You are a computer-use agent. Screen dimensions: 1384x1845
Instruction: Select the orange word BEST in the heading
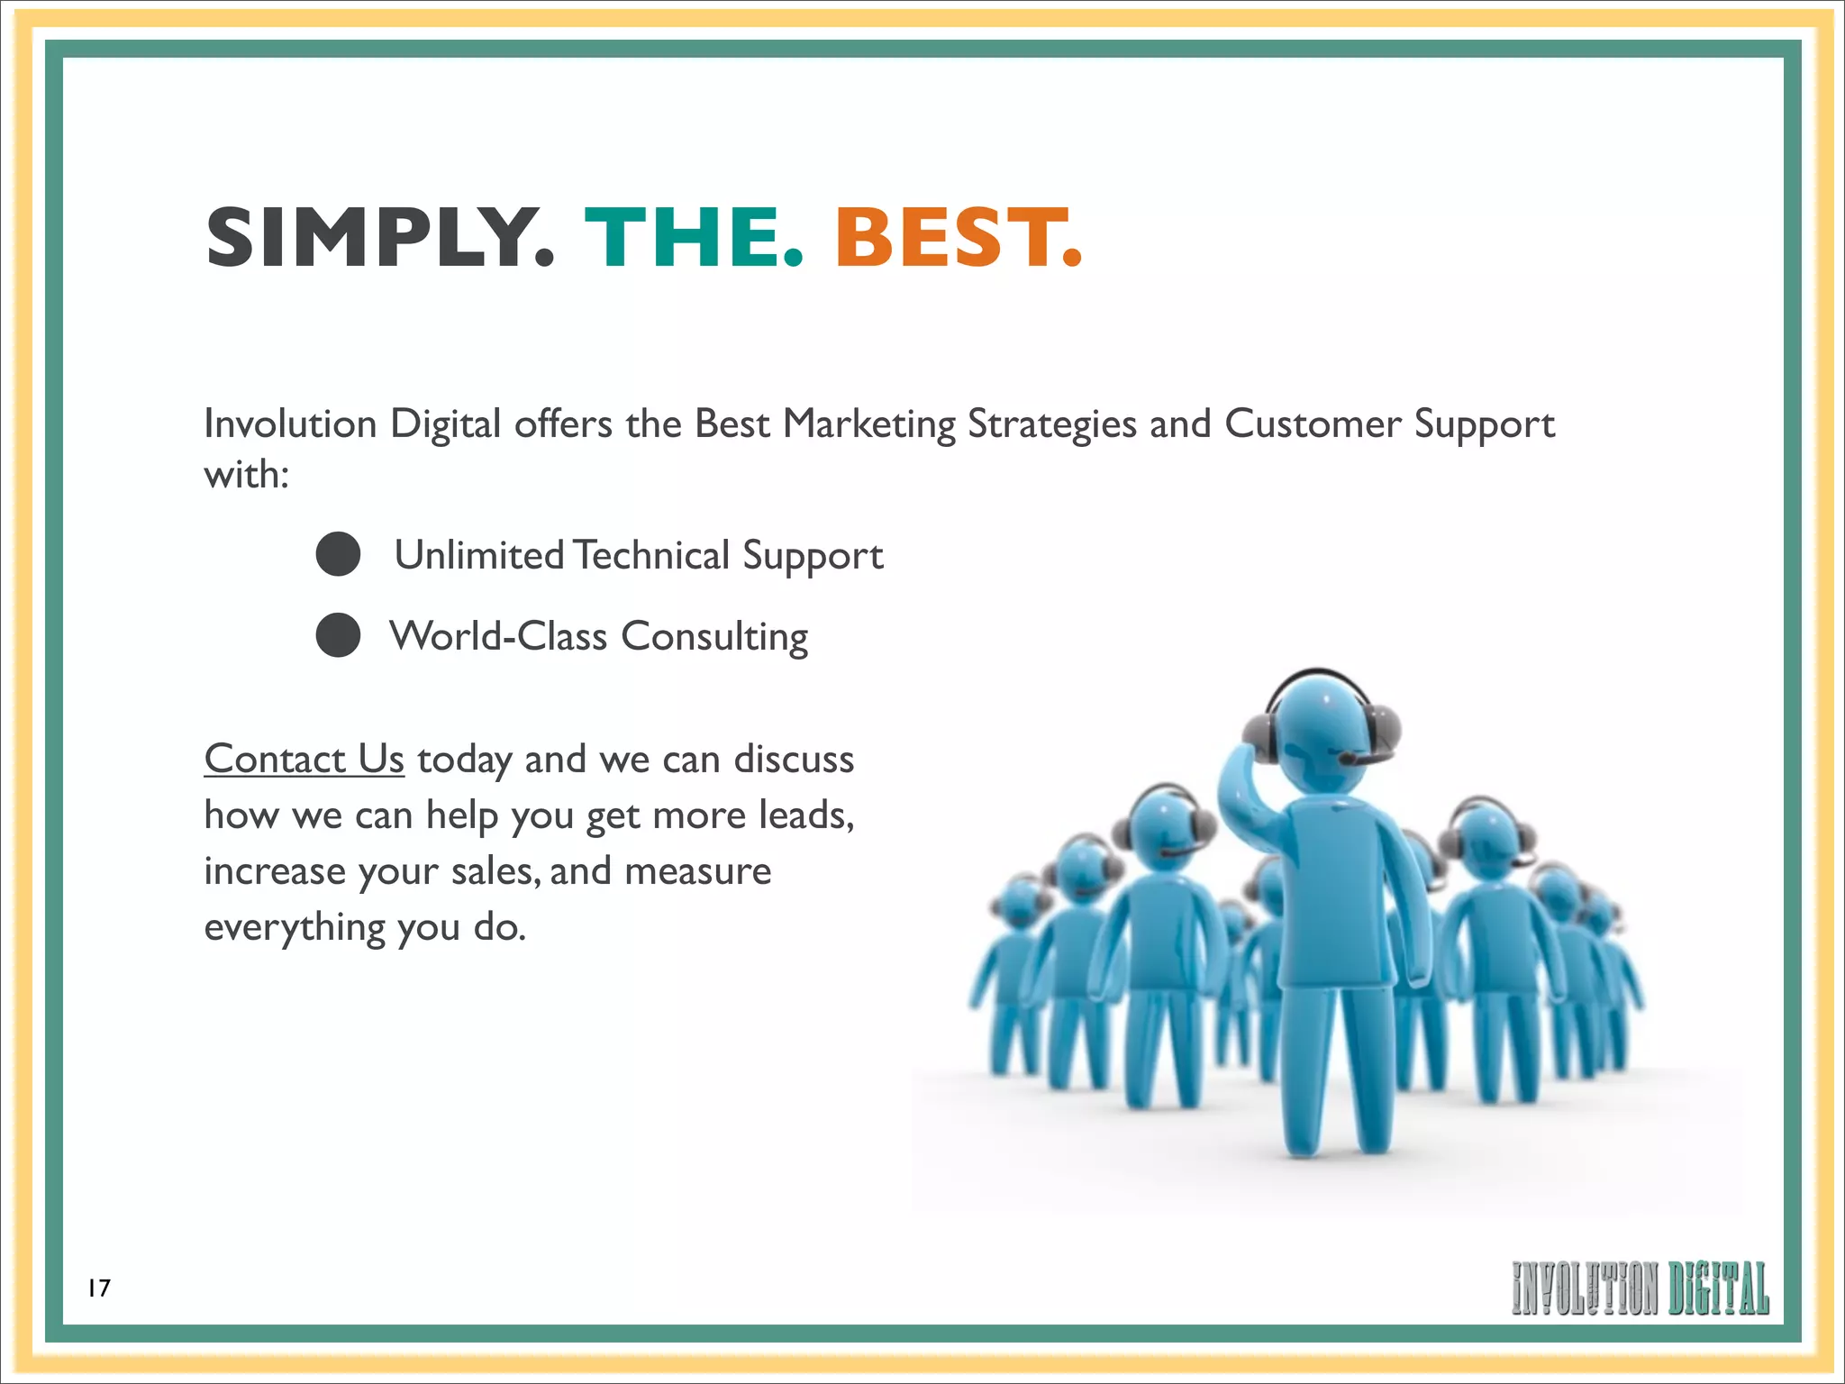[957, 237]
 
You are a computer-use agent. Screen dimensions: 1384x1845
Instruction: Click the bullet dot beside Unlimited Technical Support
[339, 554]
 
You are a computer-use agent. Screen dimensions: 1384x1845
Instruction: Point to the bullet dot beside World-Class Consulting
[339, 635]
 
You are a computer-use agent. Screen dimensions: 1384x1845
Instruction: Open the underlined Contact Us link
[304, 759]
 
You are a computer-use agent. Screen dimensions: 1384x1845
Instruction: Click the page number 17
[99, 1288]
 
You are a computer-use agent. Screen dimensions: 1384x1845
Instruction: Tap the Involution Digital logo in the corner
[1640, 1288]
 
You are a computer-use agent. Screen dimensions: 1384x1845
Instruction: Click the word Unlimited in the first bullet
[479, 555]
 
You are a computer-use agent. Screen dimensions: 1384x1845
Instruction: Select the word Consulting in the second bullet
[714, 637]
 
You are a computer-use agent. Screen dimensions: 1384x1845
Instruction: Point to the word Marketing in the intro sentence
[869, 424]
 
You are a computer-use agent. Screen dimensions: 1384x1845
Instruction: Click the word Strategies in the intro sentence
[1051, 424]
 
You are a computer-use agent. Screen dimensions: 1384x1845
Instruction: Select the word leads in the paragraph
[804, 815]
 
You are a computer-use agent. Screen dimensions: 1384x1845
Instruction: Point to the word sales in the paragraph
[495, 871]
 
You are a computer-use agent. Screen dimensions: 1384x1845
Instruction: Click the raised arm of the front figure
[1248, 793]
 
